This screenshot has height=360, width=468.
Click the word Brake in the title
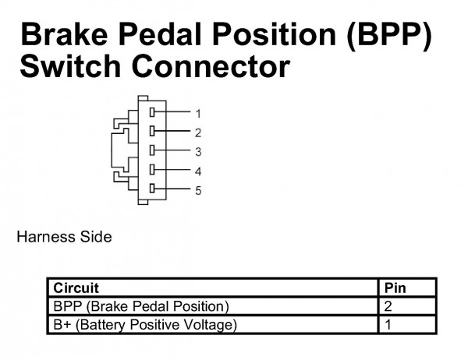(64, 34)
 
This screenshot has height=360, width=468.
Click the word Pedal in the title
(161, 34)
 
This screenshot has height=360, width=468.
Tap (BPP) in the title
(389, 36)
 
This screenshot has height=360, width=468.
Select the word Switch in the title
(70, 66)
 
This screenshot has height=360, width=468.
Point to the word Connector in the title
(211, 66)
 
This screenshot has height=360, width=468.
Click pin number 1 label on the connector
(198, 114)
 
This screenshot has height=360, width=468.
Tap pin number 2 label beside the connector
(198, 132)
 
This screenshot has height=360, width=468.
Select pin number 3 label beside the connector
(198, 152)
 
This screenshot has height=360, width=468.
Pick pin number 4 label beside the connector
(198, 171)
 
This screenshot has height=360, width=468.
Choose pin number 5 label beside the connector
(198, 191)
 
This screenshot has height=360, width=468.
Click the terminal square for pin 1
(152, 112)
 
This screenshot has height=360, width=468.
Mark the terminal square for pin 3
(152, 150)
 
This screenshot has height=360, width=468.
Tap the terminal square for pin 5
(152, 189)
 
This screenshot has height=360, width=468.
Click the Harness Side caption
(65, 237)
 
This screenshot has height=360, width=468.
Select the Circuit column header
(76, 288)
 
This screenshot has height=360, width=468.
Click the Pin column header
(395, 288)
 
